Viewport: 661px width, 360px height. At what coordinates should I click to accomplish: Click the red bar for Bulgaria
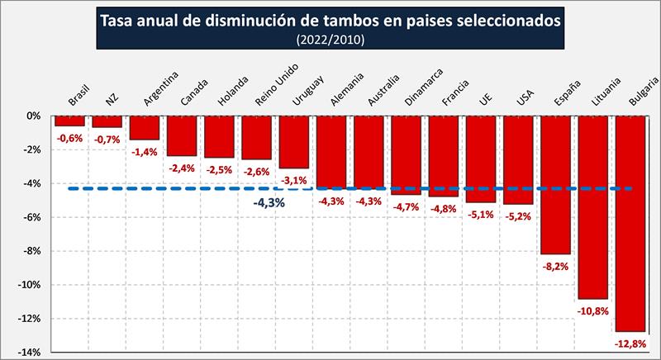click(x=630, y=223)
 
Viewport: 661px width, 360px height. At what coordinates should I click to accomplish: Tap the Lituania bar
click(x=593, y=206)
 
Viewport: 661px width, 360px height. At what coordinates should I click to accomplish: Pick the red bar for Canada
click(x=182, y=135)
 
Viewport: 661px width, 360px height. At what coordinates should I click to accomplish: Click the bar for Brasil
click(x=69, y=121)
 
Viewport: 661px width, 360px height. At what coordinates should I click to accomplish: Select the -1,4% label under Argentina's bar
click(x=145, y=152)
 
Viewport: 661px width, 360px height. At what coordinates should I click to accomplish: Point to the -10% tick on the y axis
click(x=30, y=285)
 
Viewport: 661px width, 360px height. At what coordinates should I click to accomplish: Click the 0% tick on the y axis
click(x=34, y=116)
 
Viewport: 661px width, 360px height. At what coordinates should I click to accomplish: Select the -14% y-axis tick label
click(x=30, y=353)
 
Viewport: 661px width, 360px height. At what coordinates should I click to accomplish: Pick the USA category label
click(x=524, y=97)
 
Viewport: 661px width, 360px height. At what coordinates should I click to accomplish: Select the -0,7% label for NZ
click(x=107, y=140)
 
